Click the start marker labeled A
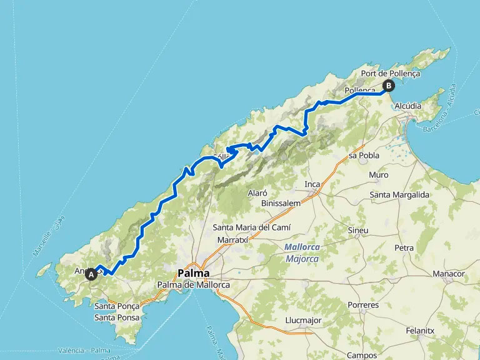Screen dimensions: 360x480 92,273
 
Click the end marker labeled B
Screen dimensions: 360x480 389,86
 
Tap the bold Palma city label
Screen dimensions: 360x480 194,273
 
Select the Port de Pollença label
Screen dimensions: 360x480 391,74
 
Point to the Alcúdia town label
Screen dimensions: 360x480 407,106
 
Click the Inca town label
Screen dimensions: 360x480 312,184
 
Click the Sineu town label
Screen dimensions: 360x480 357,231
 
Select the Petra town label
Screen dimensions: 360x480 404,248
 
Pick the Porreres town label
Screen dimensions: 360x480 364,306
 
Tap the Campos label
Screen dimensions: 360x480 362,355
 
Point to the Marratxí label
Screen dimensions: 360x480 234,240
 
